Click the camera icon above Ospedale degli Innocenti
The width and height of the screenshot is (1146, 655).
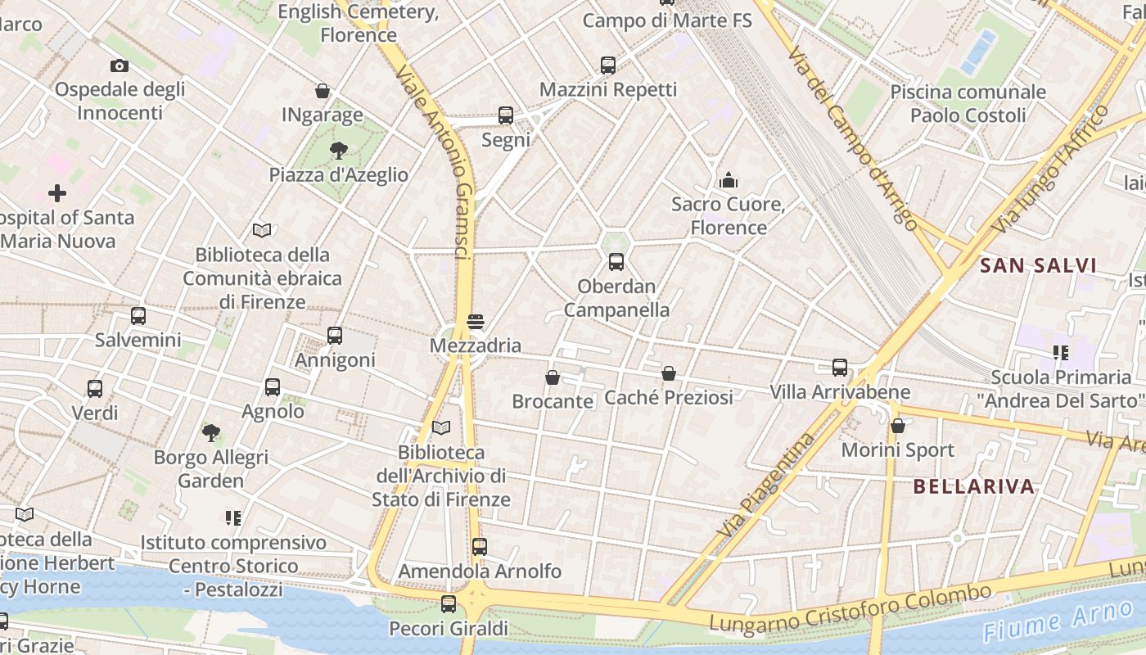click(x=119, y=65)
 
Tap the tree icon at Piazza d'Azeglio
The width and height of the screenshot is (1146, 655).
click(x=338, y=150)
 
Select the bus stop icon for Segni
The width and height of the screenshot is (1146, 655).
click(x=506, y=115)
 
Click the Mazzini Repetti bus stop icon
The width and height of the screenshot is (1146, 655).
click(x=608, y=65)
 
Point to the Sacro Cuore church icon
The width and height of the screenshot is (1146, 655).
click(x=728, y=180)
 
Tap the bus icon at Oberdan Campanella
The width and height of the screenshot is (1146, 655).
click(x=616, y=262)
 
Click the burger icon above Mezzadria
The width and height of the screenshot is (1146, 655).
click(x=475, y=322)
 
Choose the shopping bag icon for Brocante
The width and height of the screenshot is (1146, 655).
click(x=553, y=377)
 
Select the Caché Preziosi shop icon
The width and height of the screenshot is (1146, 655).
click(x=669, y=373)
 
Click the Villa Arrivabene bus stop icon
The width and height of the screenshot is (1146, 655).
click(x=840, y=368)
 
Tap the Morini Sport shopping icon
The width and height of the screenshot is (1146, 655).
click(x=898, y=426)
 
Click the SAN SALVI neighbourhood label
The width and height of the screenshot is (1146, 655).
click(x=1038, y=265)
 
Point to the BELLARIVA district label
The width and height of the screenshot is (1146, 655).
click(x=974, y=486)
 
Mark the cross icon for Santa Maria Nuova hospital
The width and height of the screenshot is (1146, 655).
click(x=56, y=193)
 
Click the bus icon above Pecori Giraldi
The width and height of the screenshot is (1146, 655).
click(x=449, y=604)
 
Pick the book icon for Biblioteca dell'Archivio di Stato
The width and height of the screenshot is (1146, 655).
click(x=441, y=427)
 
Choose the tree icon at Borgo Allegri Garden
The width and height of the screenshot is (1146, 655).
click(x=211, y=432)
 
